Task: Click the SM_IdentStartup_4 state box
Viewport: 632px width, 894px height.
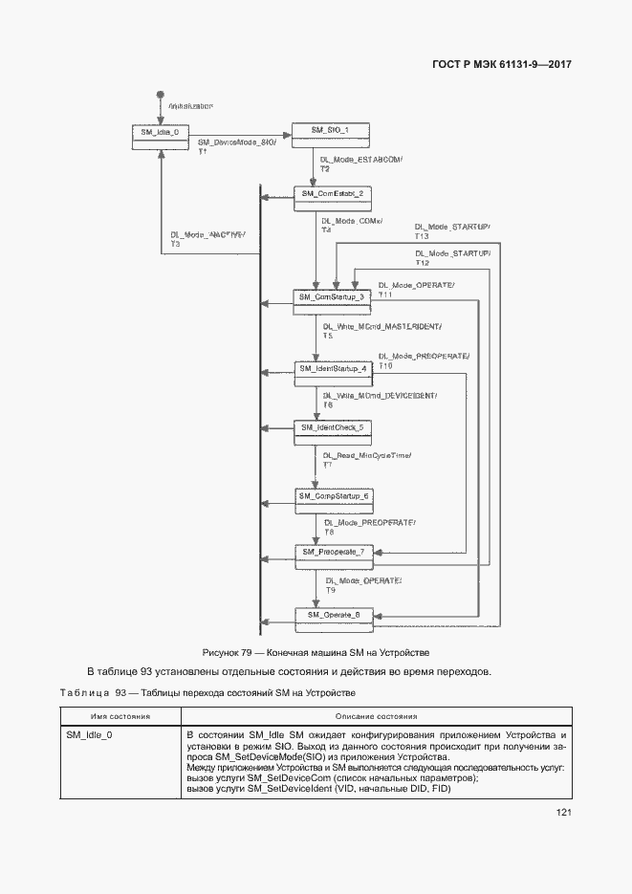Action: click(x=332, y=370)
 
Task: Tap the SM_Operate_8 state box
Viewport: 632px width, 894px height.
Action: click(x=332, y=617)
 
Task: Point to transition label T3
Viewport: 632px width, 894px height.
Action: click(x=175, y=245)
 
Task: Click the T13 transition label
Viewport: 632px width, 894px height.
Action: click(x=422, y=236)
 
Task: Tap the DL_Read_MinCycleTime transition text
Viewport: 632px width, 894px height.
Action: click(x=367, y=455)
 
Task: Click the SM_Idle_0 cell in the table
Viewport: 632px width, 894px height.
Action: click(x=89, y=734)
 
